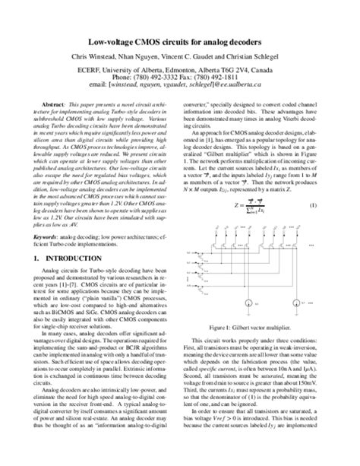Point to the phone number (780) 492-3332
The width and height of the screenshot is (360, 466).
click(x=158, y=77)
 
